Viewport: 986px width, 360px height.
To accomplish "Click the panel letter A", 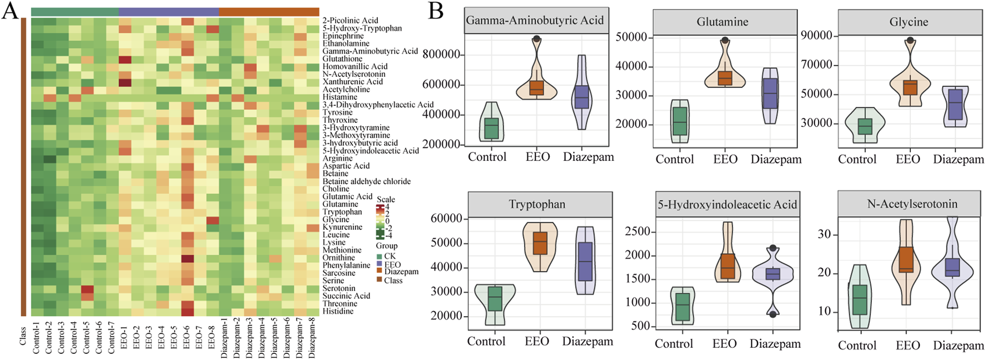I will [9, 11].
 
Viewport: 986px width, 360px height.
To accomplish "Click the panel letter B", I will [436, 11].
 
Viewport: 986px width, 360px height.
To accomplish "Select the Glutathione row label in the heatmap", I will [342, 59].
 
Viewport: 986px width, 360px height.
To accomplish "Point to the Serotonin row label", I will [339, 288].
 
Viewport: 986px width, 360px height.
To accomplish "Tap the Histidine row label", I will [338, 311].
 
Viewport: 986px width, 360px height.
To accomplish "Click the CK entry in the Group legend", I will [390, 257].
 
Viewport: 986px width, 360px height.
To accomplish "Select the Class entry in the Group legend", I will [393, 280].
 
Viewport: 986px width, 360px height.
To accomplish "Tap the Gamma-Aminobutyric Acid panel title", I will [535, 21].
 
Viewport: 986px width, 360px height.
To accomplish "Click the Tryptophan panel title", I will [537, 204].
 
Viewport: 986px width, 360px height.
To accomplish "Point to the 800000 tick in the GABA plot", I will [441, 55].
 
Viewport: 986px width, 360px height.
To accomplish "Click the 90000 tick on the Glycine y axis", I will [816, 36].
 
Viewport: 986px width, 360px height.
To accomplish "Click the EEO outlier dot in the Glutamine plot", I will [725, 40].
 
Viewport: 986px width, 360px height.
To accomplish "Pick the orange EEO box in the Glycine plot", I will [910, 87].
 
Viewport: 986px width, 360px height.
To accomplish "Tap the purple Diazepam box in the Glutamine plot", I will [771, 93].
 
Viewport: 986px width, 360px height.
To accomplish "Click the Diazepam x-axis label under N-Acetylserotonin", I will [958, 346].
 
